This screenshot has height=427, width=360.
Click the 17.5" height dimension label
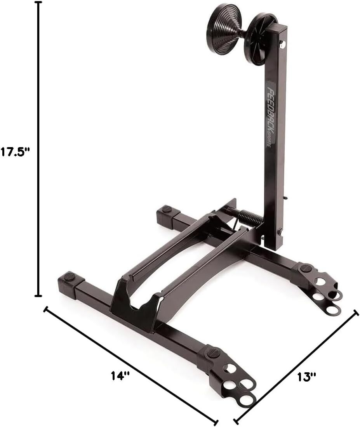(x=15, y=151)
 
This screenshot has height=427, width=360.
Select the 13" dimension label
(x=307, y=376)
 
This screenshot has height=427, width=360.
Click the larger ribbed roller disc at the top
(x=224, y=29)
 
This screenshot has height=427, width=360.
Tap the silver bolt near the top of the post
(x=282, y=45)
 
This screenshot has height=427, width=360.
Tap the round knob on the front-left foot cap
(x=69, y=276)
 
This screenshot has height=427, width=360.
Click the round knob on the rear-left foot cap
(x=167, y=209)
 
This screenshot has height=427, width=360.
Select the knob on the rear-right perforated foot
(x=306, y=268)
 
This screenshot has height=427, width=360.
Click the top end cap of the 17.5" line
(x=38, y=2)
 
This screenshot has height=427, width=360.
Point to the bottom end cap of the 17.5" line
(x=38, y=296)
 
